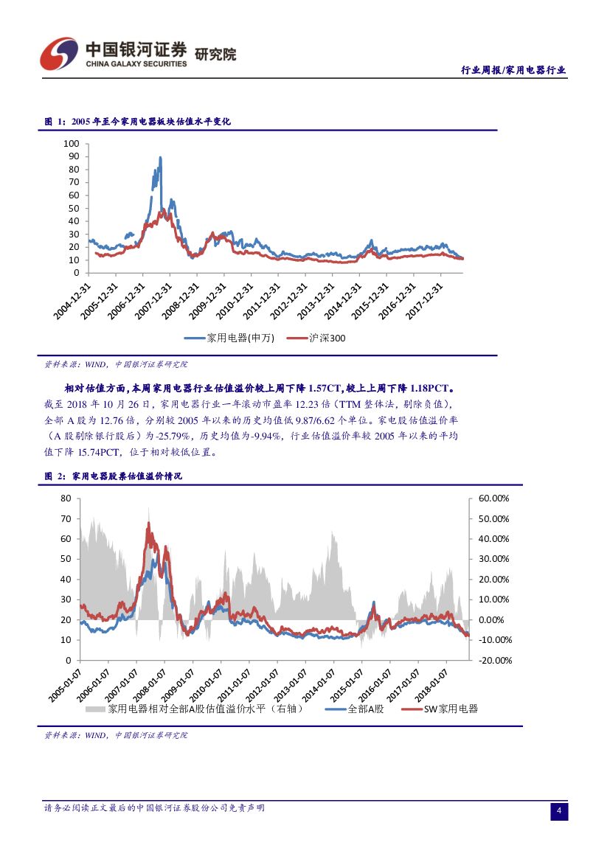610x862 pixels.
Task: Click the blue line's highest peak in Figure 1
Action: pyautogui.click(x=160, y=157)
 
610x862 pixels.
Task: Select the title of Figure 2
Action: pyautogui.click(x=114, y=476)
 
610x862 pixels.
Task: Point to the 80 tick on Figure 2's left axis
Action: pyautogui.click(x=65, y=498)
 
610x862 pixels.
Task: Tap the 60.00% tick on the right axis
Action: pyautogui.click(x=494, y=498)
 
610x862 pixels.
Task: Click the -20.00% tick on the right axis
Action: pyautogui.click(x=494, y=660)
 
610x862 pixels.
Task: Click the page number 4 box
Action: pyautogui.click(x=559, y=812)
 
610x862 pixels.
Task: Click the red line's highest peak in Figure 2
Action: pyautogui.click(x=149, y=523)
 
